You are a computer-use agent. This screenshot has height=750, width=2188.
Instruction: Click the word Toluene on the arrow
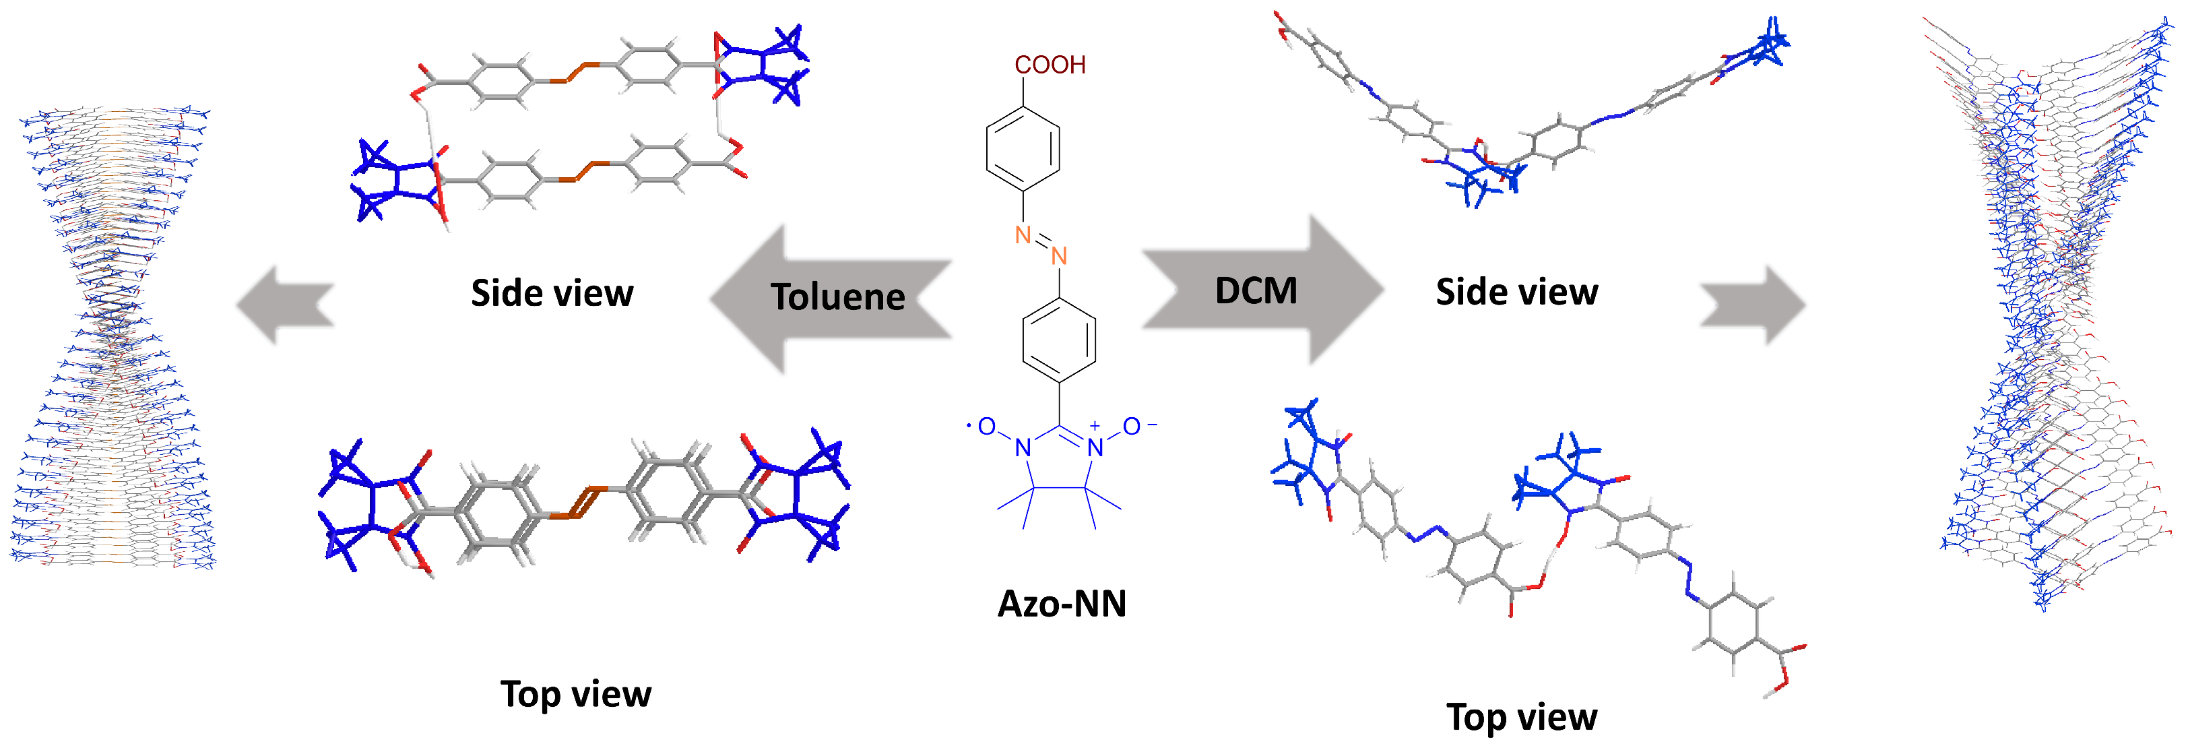coord(837,297)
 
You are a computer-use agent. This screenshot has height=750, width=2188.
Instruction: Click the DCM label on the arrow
coord(1256,291)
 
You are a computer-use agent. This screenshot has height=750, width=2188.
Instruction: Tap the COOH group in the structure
coord(1050,65)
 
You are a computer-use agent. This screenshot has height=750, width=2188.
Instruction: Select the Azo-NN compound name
coord(1062,604)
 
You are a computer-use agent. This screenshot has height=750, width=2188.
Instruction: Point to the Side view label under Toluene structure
coord(552,293)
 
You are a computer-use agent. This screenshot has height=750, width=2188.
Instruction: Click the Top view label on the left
coord(575,694)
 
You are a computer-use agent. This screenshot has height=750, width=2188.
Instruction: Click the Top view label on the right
coord(1521,717)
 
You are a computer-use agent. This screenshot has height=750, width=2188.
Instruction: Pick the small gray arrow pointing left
coord(284,304)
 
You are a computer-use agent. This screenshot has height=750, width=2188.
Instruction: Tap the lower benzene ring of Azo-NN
coord(1059,340)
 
